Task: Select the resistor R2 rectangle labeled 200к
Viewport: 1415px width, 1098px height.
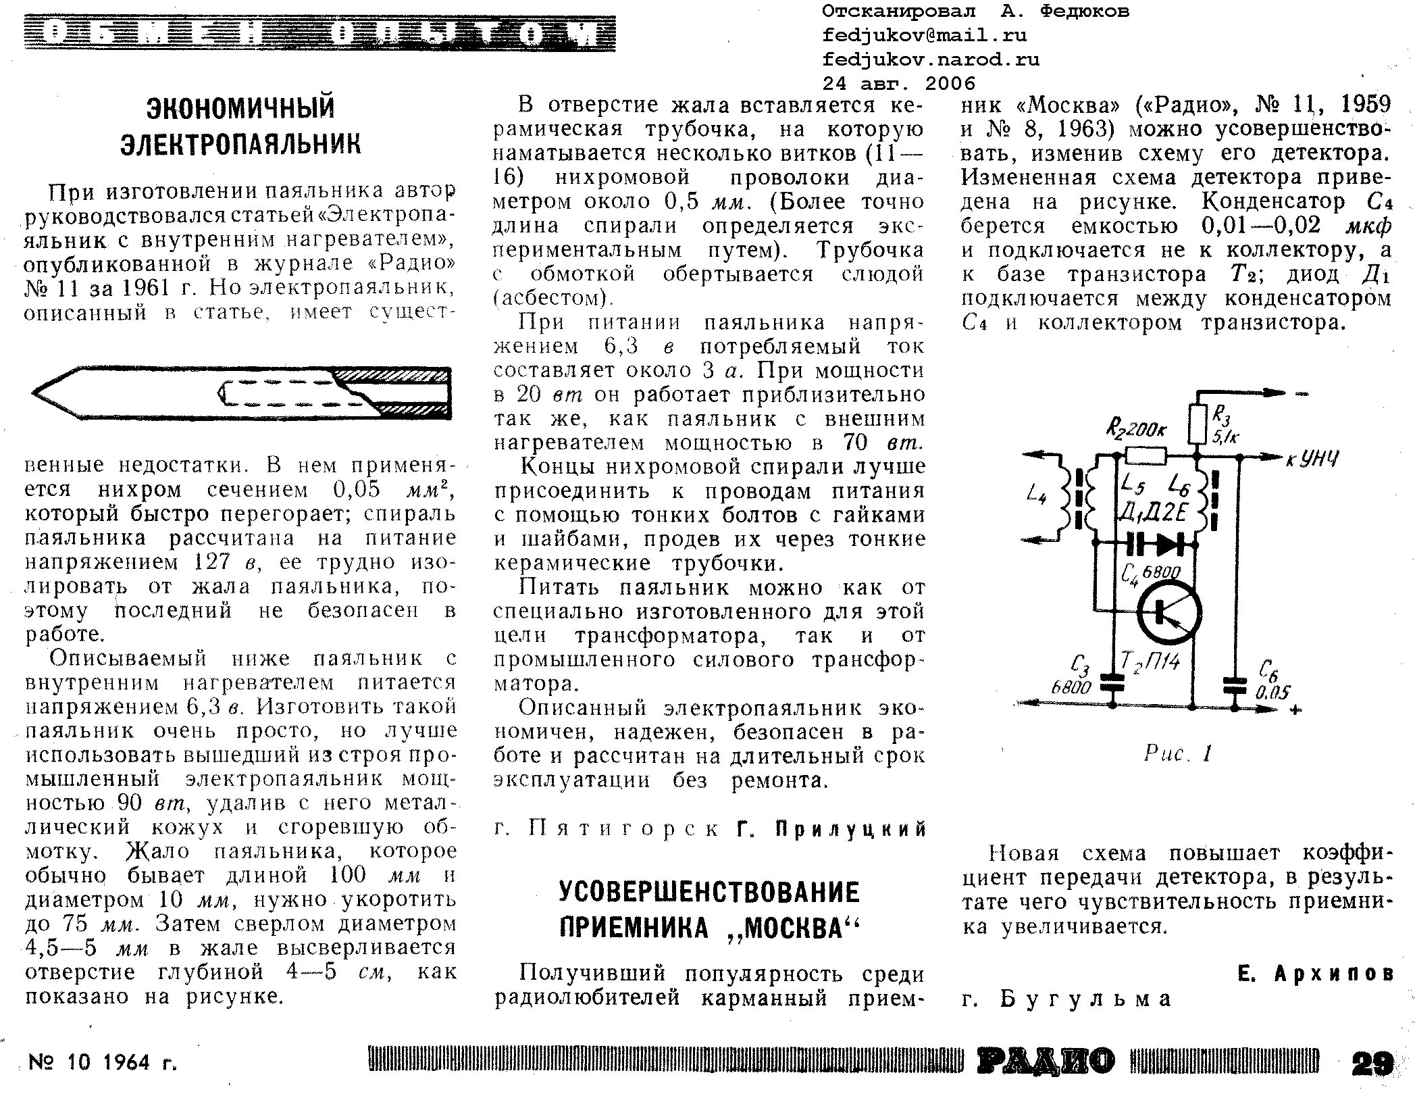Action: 1146,457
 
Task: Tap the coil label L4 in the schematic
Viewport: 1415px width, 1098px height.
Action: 1035,495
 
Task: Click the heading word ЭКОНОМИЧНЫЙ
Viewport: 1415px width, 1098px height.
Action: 240,109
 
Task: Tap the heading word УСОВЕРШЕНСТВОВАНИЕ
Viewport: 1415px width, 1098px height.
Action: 709,893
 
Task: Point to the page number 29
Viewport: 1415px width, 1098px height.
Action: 1372,1064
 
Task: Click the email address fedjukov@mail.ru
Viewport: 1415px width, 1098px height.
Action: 924,35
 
